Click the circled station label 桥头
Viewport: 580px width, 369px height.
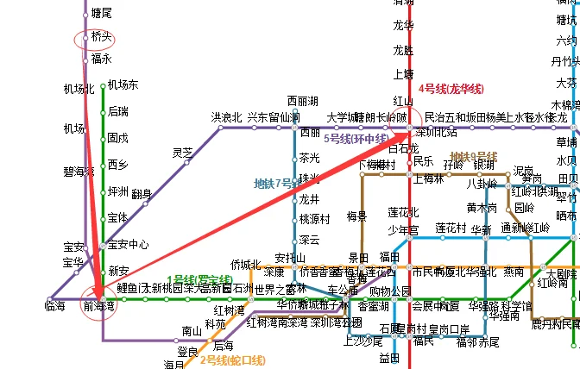(102, 37)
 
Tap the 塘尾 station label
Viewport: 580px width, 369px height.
(102, 14)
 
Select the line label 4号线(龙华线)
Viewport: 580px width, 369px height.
(451, 89)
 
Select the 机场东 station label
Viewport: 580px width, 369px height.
(123, 84)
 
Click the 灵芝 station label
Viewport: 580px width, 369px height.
(182, 153)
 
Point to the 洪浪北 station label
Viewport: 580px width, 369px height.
(227, 117)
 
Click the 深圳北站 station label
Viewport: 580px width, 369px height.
(436, 132)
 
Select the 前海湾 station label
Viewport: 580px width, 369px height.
(98, 305)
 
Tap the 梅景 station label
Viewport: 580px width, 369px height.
(357, 216)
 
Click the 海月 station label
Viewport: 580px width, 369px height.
(174, 364)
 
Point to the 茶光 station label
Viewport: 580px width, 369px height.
(309, 158)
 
